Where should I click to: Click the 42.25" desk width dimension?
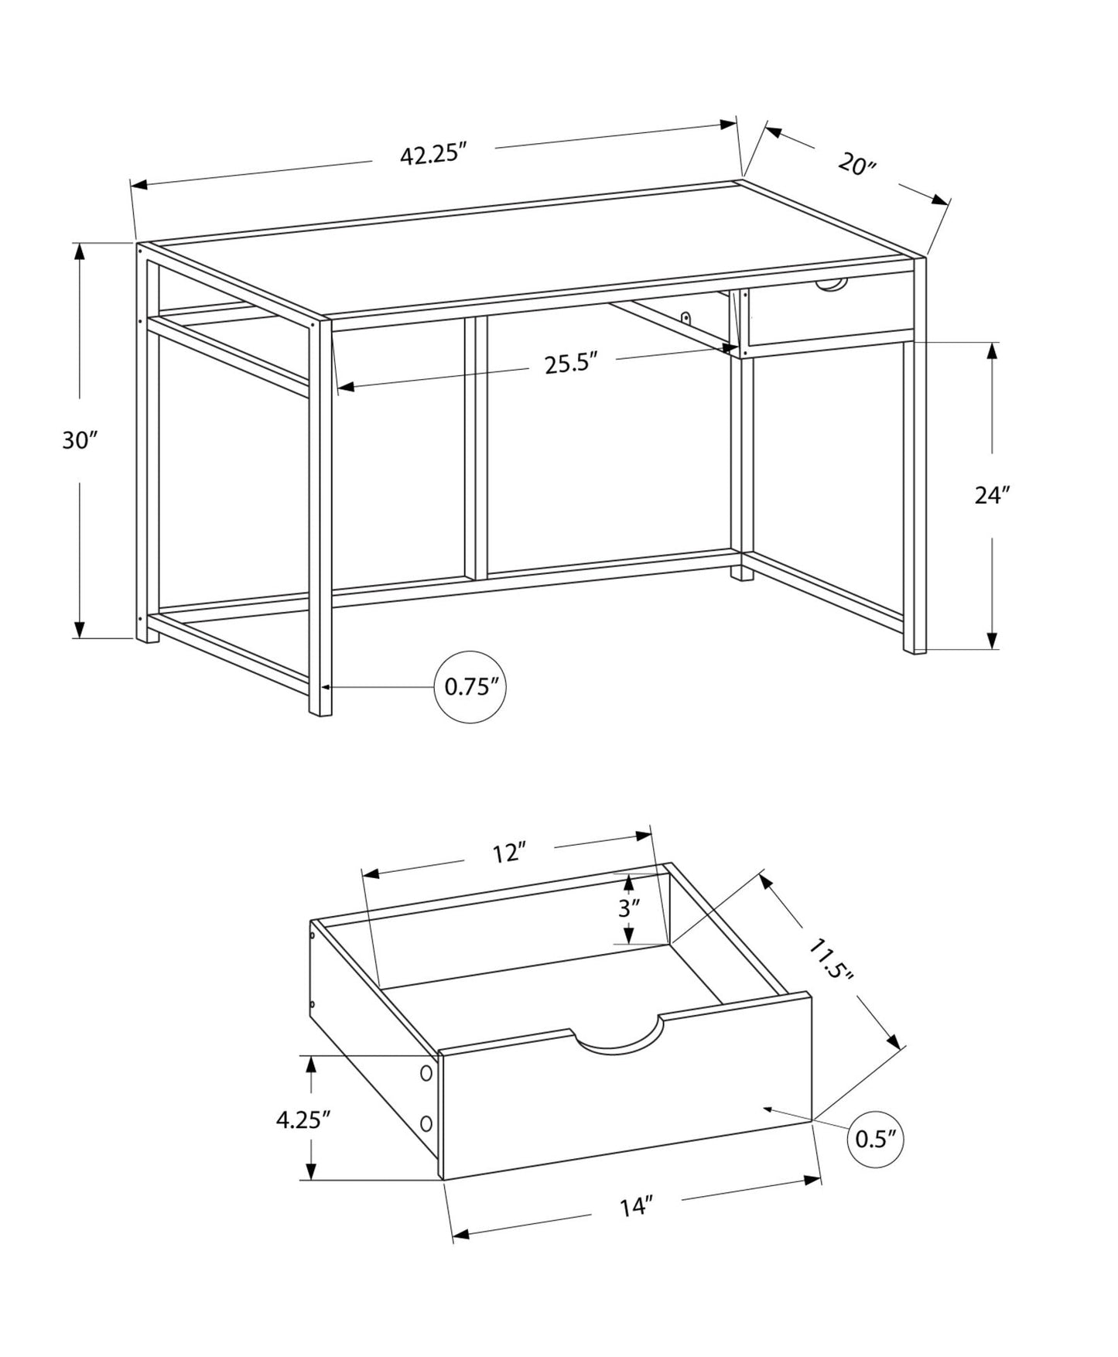coord(435,155)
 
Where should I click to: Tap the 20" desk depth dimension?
coord(856,165)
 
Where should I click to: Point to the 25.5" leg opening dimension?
coord(572,364)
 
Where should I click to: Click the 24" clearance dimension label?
coord(993,495)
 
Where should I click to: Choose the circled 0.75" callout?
coord(470,687)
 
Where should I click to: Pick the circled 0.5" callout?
coord(876,1139)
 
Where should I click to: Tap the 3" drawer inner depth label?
coord(629,908)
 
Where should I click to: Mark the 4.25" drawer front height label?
coord(303,1119)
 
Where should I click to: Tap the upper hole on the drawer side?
coord(426,1073)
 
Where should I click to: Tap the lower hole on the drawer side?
coord(426,1123)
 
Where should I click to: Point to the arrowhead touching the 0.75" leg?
coord(325,687)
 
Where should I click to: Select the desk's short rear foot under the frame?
coord(741,573)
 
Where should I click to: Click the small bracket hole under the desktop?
coord(686,316)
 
